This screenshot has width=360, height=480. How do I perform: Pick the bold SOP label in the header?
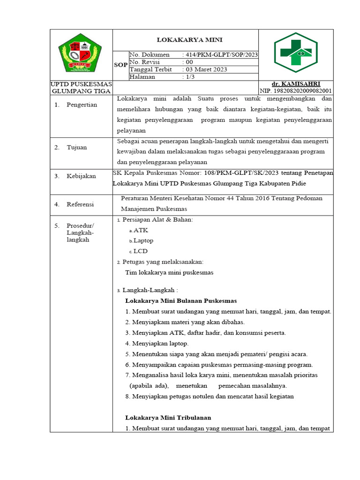click(x=120, y=65)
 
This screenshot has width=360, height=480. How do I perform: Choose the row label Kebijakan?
click(x=81, y=176)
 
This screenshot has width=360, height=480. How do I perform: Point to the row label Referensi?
click(x=80, y=204)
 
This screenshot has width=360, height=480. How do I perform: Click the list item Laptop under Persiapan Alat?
click(x=143, y=240)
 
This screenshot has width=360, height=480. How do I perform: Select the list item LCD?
click(x=140, y=251)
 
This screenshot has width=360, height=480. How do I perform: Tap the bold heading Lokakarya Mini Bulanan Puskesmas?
click(x=181, y=300)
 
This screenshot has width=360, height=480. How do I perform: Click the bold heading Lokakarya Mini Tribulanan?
click(x=168, y=418)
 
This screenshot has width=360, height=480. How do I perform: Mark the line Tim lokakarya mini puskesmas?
click(x=169, y=272)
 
